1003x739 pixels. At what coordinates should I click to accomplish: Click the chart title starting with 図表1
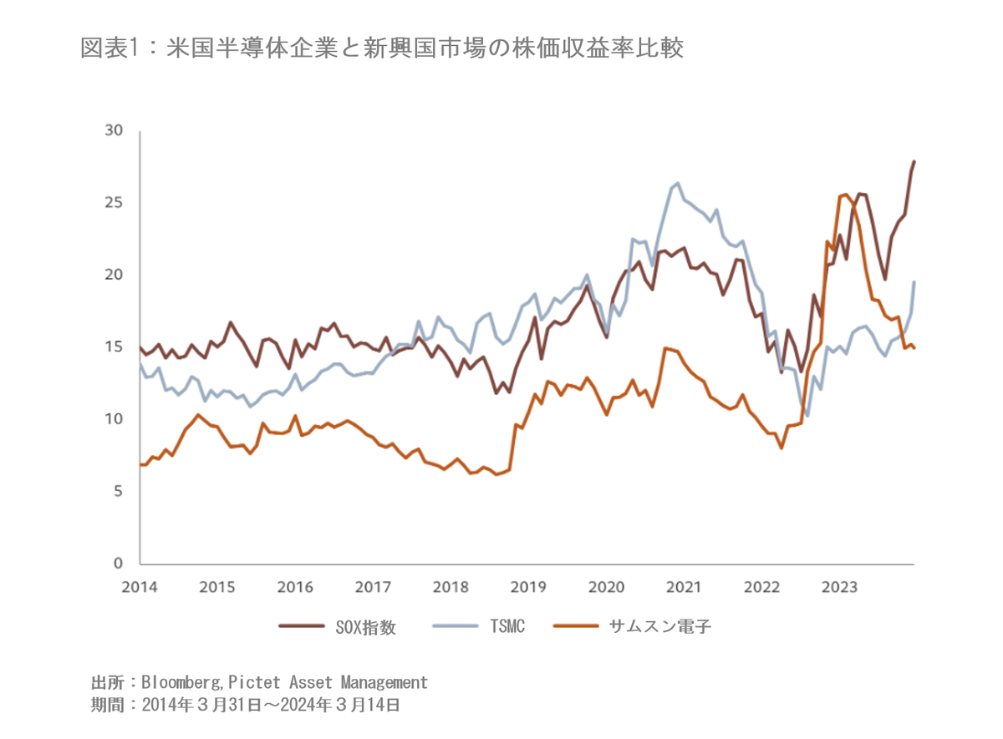382,48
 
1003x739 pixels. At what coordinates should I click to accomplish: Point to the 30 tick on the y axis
114,130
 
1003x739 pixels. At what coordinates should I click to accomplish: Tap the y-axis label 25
114,202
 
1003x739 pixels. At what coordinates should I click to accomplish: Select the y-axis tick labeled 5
118,491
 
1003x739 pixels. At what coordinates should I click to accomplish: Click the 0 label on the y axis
118,563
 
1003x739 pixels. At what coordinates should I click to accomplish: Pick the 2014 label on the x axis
140,586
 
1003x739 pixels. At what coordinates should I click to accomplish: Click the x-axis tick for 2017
373,586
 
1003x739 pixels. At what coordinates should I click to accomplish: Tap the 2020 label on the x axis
606,586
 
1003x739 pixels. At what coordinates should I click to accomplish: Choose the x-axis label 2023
839,586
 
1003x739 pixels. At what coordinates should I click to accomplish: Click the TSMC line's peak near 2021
677,183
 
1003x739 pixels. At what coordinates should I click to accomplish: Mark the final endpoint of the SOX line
914,161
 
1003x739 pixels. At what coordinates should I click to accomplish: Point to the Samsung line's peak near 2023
847,195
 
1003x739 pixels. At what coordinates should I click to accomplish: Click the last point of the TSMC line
914,282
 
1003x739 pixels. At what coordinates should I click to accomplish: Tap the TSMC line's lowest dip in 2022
807,415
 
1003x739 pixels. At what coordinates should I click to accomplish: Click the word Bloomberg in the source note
179,682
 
